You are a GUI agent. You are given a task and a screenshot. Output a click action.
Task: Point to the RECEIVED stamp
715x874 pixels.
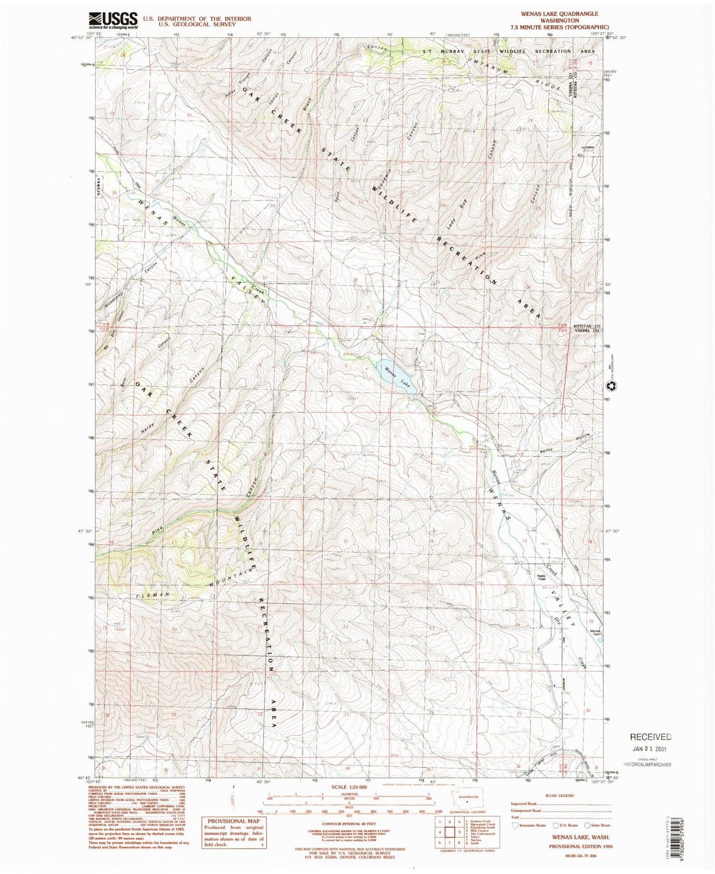[x=651, y=737]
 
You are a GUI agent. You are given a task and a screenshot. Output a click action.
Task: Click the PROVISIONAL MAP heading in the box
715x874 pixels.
[x=233, y=821]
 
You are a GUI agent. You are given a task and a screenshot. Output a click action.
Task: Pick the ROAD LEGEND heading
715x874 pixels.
[x=560, y=795]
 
